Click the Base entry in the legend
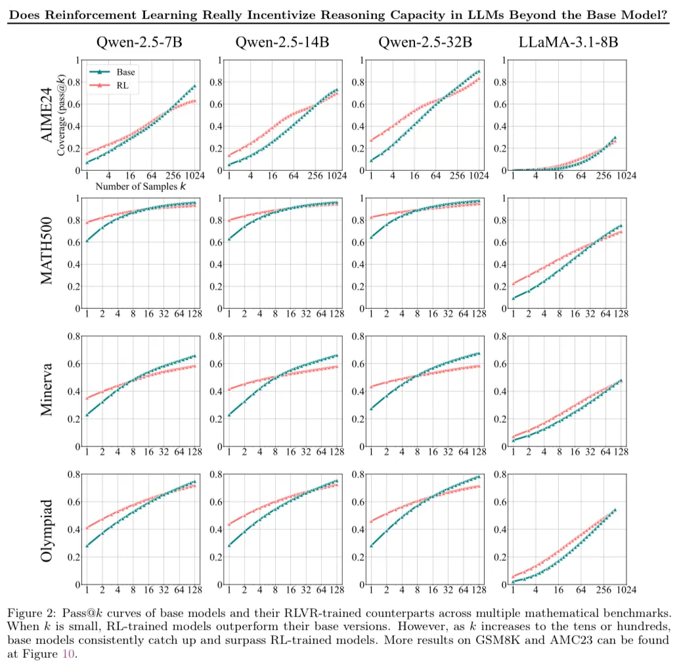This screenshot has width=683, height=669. pos(125,72)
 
